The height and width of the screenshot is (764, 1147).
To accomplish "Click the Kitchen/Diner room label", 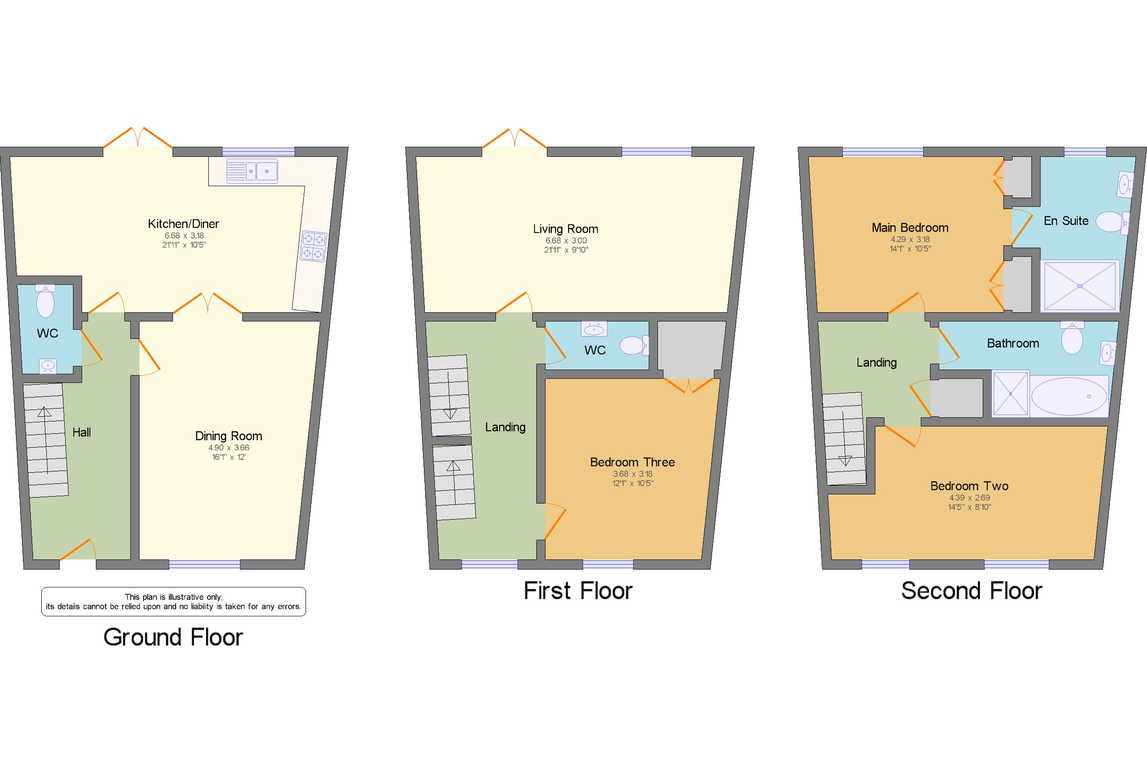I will (183, 224).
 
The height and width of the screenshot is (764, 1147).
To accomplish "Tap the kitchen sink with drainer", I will (252, 171).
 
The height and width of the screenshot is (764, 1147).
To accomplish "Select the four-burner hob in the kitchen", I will (313, 246).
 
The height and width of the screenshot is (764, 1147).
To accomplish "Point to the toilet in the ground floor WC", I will (45, 302).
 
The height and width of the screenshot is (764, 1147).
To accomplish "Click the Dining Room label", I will (228, 436).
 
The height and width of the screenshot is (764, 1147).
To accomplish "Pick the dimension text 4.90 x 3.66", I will (228, 447).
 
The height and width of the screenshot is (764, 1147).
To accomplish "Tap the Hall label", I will (81, 432).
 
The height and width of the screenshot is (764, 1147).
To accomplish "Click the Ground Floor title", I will (173, 637).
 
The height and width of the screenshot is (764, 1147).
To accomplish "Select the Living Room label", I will (565, 228).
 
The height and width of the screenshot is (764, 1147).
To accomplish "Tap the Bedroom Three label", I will (632, 462).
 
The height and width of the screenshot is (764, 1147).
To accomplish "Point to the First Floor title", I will (578, 591).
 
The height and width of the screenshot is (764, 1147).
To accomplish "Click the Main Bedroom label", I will (910, 227).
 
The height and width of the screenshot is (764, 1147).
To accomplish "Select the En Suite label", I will (1066, 221).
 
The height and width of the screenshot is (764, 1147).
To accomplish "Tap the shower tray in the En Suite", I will (1080, 286).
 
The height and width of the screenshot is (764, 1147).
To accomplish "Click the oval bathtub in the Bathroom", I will (1069, 396).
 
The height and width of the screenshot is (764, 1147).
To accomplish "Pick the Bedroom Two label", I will (969, 486).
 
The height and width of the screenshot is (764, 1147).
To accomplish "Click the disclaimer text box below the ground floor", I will (173, 602).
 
